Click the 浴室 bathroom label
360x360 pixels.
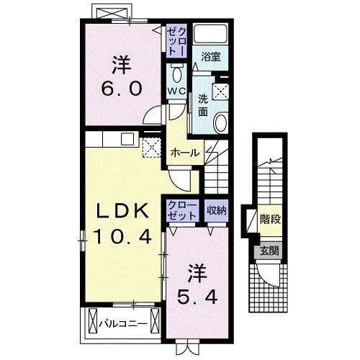coord(211,57)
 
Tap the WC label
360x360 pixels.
coord(176,91)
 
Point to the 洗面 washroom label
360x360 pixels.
coord(203,106)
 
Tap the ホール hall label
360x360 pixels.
coord(185,153)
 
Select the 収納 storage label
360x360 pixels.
coord(217,210)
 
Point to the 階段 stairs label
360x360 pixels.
coord(271,219)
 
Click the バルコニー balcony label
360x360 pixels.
coord(123,323)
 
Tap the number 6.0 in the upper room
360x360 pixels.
coord(122,89)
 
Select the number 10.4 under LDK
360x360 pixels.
coord(122,236)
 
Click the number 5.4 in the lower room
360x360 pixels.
coord(197,297)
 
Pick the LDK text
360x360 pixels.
coord(122,210)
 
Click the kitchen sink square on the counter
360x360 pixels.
coord(128,139)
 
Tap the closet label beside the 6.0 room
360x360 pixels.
coord(176,41)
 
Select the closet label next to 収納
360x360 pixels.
coord(182,211)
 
